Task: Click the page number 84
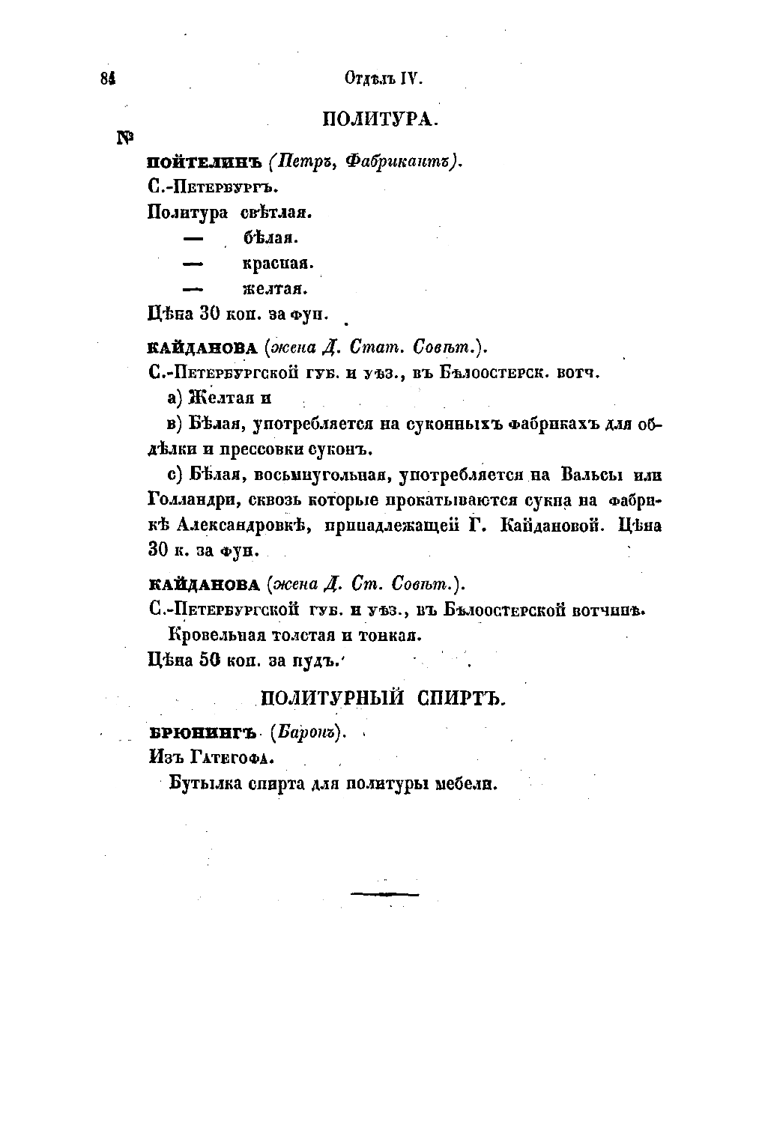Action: pyautogui.click(x=106, y=79)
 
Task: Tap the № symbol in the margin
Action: pyautogui.click(x=125, y=138)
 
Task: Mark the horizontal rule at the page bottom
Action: pyautogui.click(x=384, y=893)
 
